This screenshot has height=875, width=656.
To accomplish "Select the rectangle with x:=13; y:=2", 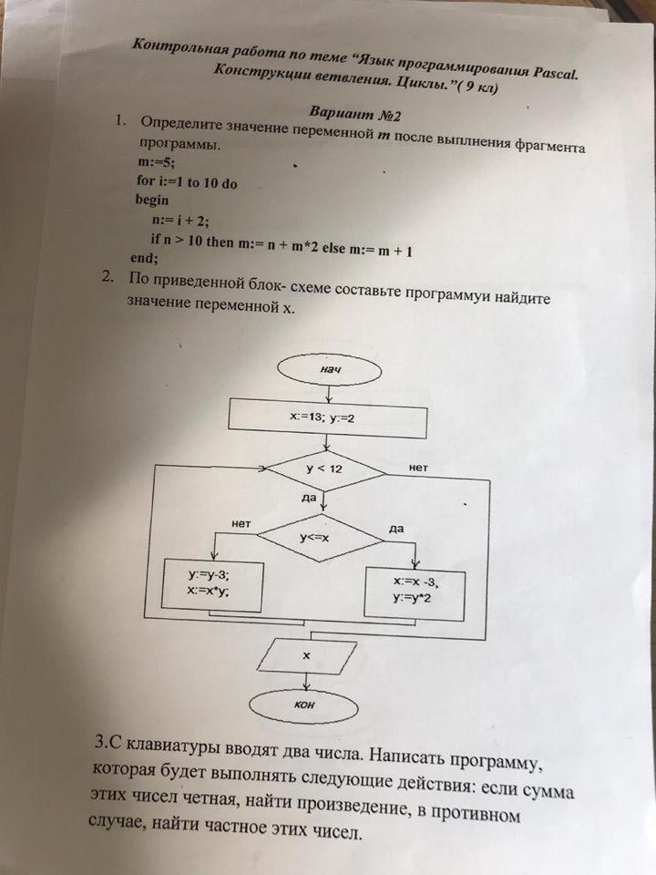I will pos(326,417).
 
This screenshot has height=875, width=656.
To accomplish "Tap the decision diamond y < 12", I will pos(324,469).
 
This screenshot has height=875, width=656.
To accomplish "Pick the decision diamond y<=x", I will pos(320,536).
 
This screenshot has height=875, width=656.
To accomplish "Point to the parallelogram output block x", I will pos(306,655).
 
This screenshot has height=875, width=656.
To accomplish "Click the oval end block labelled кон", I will pos(307,705).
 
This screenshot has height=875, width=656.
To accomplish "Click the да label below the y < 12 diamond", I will pos(308,498).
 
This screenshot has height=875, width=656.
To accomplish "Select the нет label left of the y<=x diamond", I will pos(241,524).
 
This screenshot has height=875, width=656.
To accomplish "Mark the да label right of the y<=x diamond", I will pos(396,528).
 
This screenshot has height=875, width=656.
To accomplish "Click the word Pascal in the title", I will pos(552,69).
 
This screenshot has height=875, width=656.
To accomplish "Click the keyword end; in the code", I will pos(145,258).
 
